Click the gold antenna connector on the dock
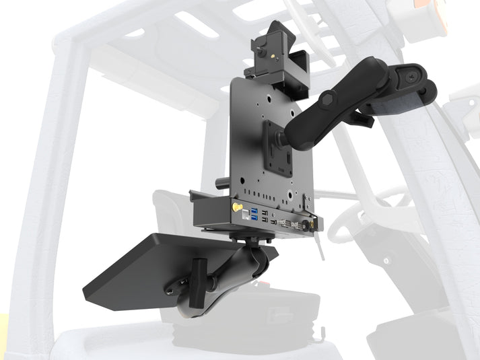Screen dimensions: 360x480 coord(237,208)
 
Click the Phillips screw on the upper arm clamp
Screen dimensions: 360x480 coord(409,76)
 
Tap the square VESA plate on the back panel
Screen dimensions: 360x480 coord(278,149)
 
